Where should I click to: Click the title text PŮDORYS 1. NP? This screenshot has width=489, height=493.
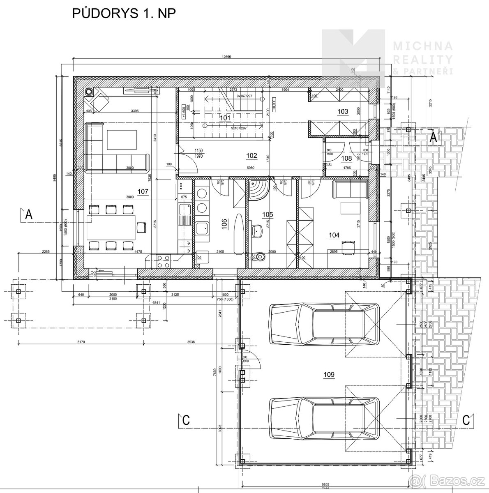coord(124,13)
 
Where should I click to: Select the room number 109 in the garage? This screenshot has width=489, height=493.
coord(329,374)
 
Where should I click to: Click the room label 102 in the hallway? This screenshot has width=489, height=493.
coord(251,155)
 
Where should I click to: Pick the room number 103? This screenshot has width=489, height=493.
coord(342,111)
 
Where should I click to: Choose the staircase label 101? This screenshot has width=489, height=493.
coord(225,118)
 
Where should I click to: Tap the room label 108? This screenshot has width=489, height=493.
coord(347,158)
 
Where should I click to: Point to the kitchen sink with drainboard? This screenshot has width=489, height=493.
coord(184,214)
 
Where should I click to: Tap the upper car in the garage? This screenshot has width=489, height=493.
coord(324,324)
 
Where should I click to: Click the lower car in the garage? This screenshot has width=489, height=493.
coord(324,418)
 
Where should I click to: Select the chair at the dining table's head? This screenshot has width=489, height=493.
coord(141,227)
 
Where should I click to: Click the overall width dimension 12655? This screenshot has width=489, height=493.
coord(224,57)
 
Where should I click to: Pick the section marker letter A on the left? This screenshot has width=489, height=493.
coord(28,214)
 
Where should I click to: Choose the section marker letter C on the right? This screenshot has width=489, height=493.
coord(466,420)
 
